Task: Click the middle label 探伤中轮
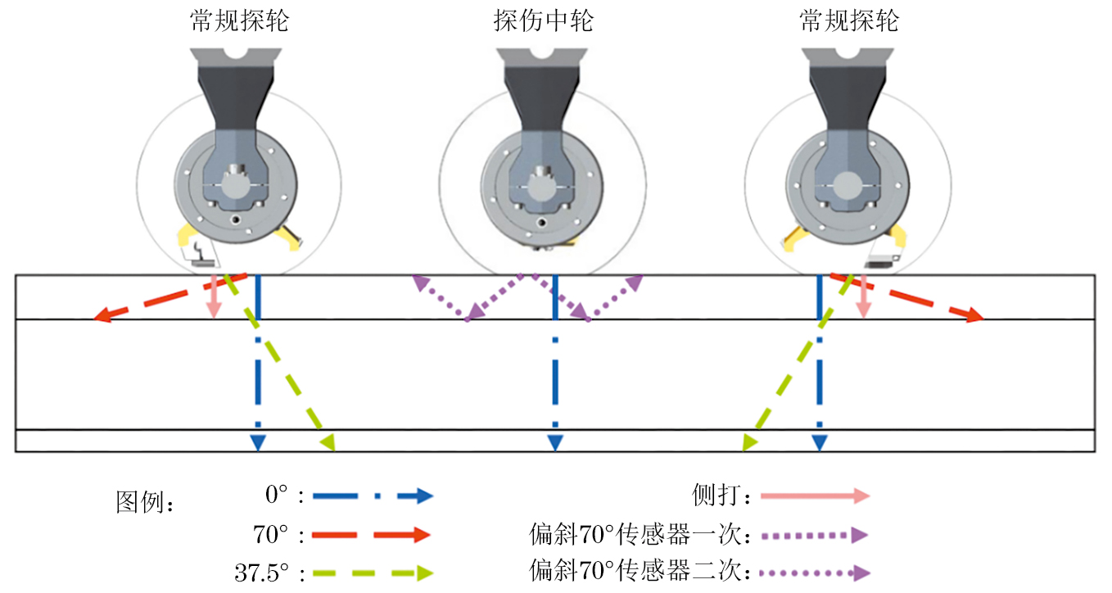[543, 21]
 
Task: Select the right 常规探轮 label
[849, 21]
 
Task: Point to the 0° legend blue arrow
[373, 496]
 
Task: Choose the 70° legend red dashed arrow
[373, 536]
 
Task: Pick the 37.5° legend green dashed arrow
[373, 573]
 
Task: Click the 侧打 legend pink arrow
[814, 496]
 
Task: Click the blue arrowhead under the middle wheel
[555, 443]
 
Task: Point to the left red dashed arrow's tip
[98, 318]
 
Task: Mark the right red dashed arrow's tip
[979, 317]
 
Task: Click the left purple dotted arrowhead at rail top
[419, 282]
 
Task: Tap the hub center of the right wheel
[845, 181]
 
